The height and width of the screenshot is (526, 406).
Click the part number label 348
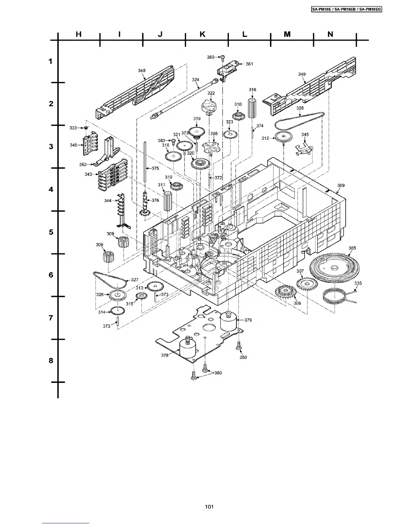(142, 70)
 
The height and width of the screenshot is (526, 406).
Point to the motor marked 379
(230, 321)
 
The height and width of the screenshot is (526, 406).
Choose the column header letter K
(203, 34)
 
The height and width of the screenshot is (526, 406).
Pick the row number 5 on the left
(51, 232)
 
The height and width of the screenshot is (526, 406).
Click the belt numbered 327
(109, 280)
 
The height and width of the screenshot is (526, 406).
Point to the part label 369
(341, 185)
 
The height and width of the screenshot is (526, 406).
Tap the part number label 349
(302, 74)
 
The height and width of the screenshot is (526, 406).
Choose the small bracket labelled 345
(304, 149)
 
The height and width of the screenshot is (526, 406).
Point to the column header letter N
(330, 34)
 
